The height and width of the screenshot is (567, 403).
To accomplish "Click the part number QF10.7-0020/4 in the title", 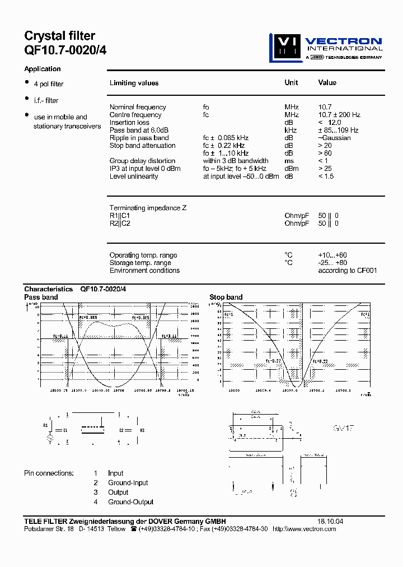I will point(65,50).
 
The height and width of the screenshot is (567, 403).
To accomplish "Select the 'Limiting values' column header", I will point(134,83).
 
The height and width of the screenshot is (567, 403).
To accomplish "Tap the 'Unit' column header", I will point(291,82).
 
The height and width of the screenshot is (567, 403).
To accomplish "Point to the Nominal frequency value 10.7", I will point(325,107).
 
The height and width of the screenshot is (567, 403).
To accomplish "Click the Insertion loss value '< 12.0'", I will point(329,122).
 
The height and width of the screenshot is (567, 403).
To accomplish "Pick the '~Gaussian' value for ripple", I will point(334,138).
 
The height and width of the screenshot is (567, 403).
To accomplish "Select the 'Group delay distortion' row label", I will point(142,161).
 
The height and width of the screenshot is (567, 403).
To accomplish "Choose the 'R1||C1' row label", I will point(120,216).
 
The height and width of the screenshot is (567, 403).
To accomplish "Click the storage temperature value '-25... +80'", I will point(332,263).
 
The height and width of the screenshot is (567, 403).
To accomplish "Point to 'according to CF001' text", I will point(348,271).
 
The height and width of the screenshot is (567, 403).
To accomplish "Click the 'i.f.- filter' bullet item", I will point(46,100).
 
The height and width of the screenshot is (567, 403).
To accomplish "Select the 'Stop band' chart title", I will point(226,297).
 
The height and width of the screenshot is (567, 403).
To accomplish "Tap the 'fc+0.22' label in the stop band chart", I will point(320,361).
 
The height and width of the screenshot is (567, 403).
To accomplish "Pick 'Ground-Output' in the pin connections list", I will point(130,502).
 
